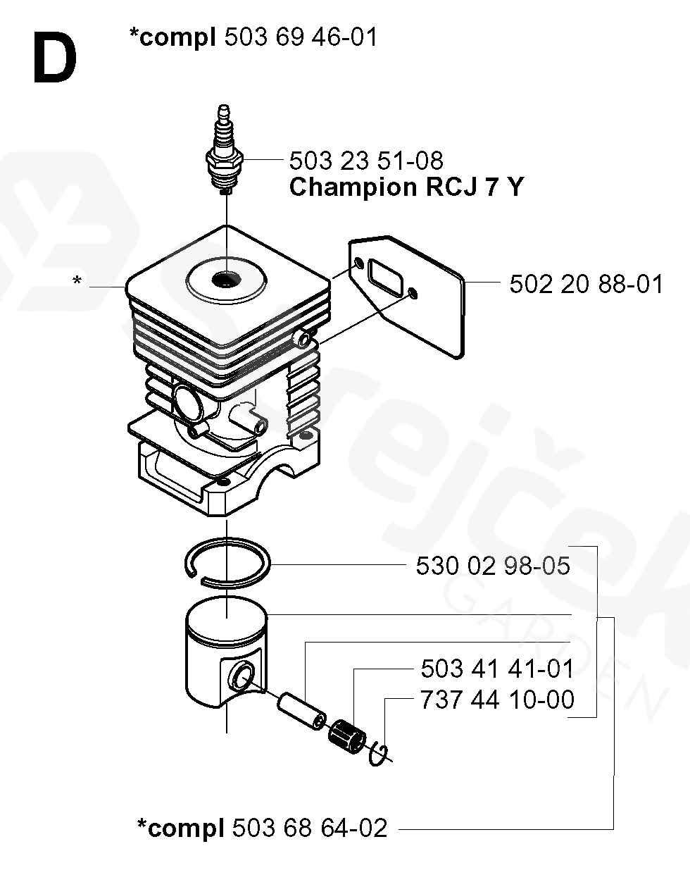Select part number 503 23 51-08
click(x=366, y=161)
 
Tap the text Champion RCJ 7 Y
click(x=406, y=188)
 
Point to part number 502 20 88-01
click(x=586, y=285)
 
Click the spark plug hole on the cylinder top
click(x=225, y=280)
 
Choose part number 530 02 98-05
click(x=492, y=566)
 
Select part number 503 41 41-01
click(x=496, y=668)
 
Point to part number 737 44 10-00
click(x=496, y=700)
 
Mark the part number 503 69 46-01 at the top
click(x=301, y=37)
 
